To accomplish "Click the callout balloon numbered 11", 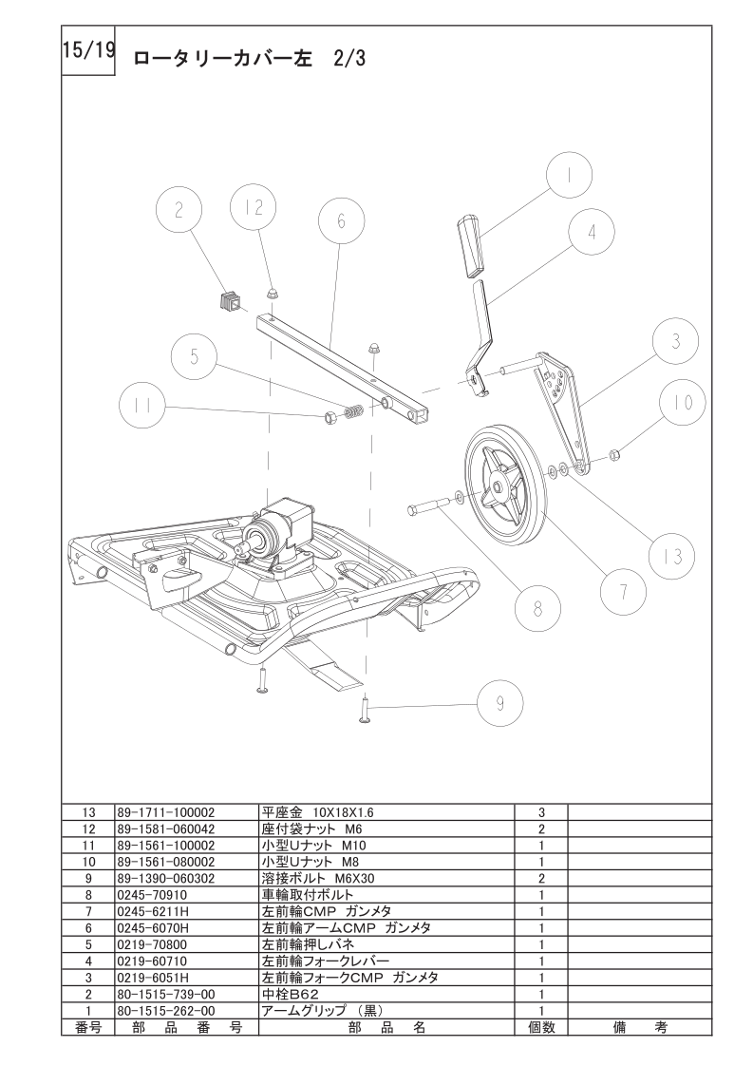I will coord(143,408).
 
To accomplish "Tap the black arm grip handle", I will coord(470,246).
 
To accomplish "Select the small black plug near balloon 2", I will coord(228,301).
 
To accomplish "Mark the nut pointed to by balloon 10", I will coord(613,453).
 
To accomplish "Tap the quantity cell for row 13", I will coord(540,813).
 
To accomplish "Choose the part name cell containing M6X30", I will coord(323,878).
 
